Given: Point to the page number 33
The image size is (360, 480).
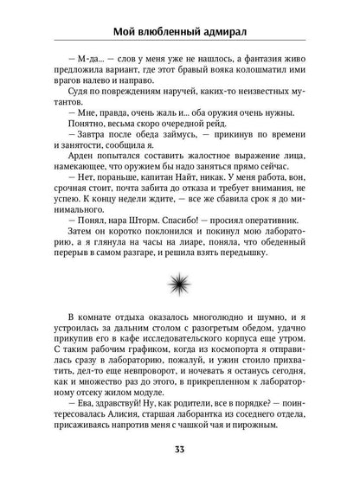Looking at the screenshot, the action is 179,451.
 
